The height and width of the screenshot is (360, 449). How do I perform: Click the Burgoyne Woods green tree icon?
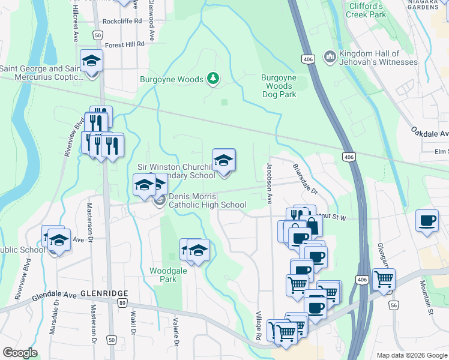[x=212, y=79]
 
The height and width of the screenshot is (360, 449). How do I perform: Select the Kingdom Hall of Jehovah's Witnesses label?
[x=378, y=58]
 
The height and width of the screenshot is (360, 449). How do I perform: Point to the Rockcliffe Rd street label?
[x=122, y=20]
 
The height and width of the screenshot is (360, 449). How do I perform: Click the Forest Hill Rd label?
[x=125, y=44]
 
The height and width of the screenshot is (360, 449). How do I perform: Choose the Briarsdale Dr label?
[x=306, y=178]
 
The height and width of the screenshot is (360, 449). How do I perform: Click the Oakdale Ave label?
[x=430, y=132]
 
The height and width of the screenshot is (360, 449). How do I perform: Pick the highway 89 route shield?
[x=122, y=304]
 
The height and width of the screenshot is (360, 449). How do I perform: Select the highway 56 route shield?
[x=394, y=305]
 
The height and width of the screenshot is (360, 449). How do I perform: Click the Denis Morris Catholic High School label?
[x=207, y=200]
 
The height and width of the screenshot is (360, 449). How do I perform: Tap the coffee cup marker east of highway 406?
[x=427, y=221]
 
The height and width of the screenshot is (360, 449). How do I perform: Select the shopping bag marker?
[x=313, y=226]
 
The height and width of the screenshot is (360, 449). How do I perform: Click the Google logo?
[x=19, y=353]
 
